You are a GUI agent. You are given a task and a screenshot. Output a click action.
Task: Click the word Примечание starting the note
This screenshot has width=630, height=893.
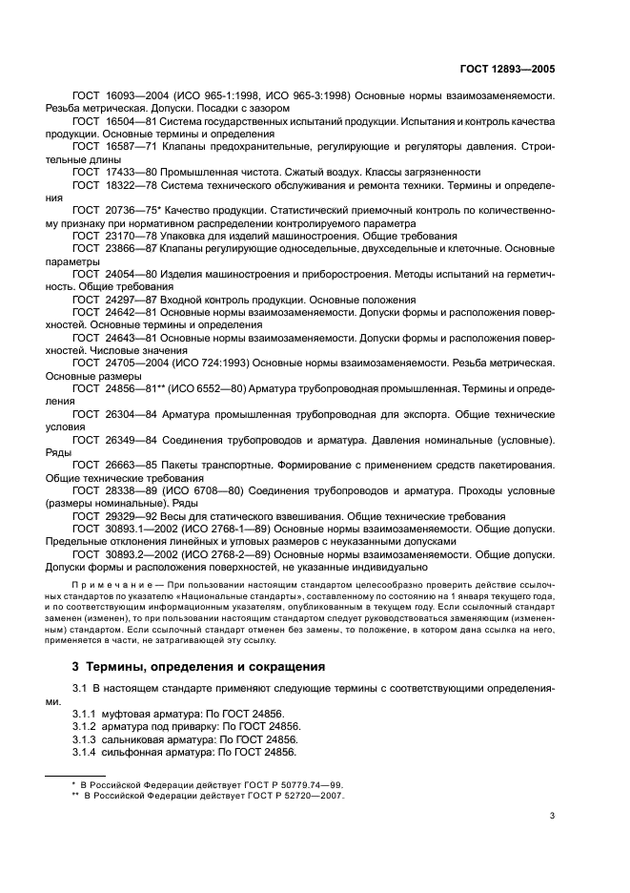tap(107, 582)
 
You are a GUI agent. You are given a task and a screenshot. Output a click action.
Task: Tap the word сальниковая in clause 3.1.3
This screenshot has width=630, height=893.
tap(138, 739)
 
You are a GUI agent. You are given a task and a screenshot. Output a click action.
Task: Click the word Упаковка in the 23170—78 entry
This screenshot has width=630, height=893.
tap(191, 234)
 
